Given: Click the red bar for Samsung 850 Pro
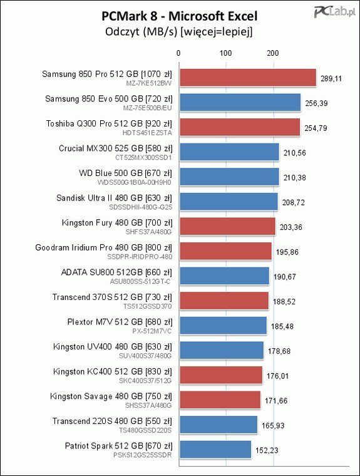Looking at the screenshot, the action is (x=248, y=78).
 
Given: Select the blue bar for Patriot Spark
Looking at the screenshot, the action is (x=215, y=449).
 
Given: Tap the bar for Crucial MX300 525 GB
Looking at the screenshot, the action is (x=229, y=152).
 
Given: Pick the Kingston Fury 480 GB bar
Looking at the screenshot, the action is (x=228, y=226).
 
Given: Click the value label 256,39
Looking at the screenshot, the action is (x=316, y=103).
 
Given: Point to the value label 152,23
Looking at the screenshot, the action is (x=267, y=450).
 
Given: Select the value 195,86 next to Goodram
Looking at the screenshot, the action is (x=287, y=252).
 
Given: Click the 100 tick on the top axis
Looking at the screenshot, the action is (x=225, y=53).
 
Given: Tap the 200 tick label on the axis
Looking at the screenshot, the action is (x=273, y=53).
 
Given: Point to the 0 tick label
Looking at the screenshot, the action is (x=178, y=53).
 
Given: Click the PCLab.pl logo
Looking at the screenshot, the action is (x=334, y=12).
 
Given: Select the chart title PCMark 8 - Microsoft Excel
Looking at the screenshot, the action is (x=180, y=16).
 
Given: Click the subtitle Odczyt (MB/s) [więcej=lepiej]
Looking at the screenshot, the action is (x=179, y=31).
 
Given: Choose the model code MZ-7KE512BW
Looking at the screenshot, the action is (x=149, y=83).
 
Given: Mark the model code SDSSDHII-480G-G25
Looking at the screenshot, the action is (x=140, y=207).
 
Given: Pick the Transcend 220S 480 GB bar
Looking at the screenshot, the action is (x=219, y=425).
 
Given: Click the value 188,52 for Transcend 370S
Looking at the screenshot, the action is (x=284, y=302).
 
